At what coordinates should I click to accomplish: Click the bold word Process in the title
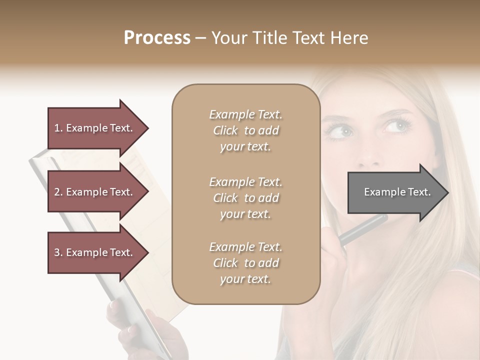click(x=157, y=38)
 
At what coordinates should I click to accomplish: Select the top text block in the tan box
click(x=245, y=130)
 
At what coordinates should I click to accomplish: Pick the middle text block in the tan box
click(x=245, y=197)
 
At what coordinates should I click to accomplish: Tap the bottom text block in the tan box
click(x=245, y=263)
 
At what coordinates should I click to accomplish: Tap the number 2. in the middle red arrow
click(x=58, y=192)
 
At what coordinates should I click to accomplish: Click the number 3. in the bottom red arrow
click(x=58, y=252)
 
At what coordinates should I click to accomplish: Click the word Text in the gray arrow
click(x=419, y=192)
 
